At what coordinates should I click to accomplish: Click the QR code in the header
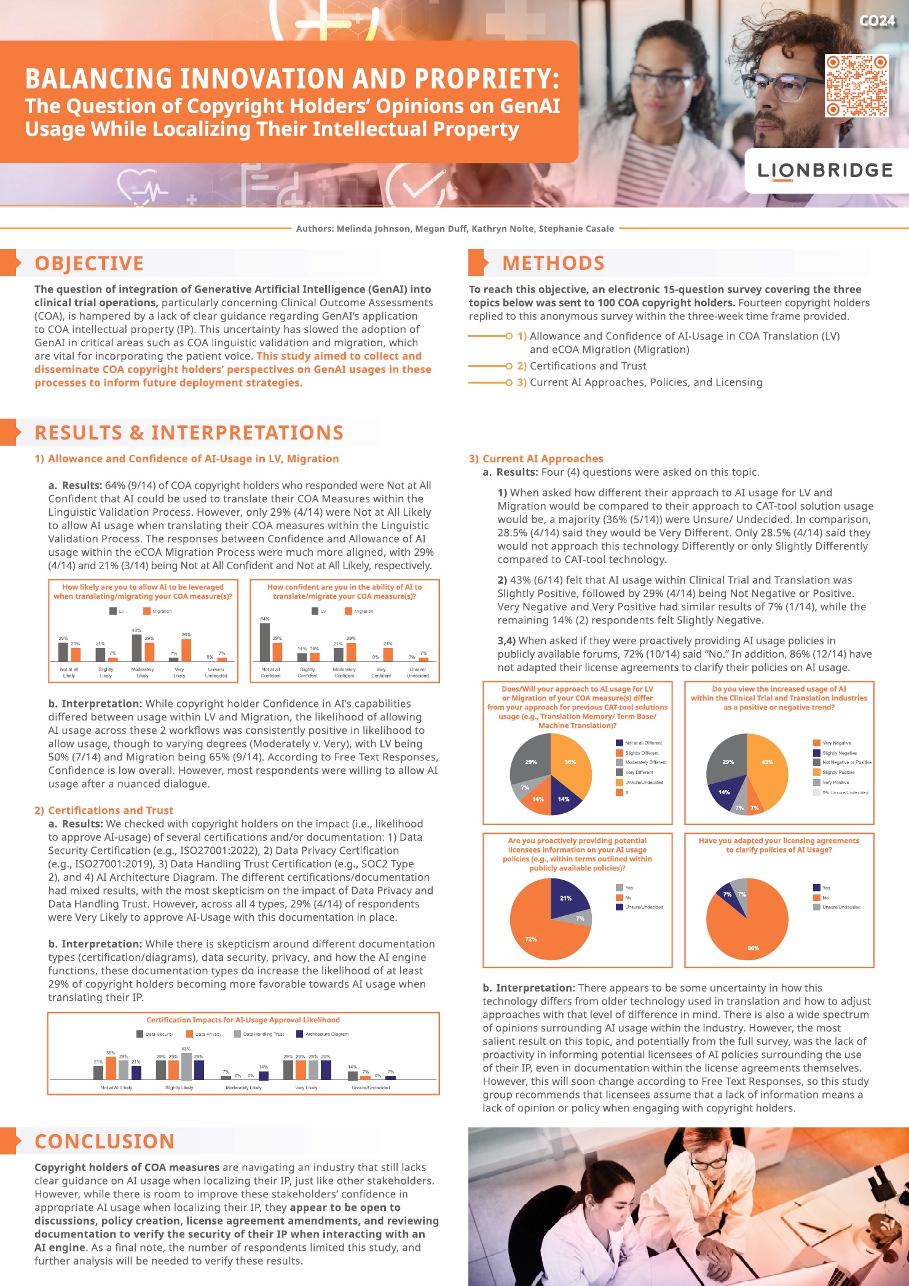[x=856, y=86]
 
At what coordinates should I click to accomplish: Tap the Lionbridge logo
[x=825, y=171]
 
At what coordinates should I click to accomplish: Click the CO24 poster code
[x=877, y=21]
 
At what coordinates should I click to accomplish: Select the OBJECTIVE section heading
[x=89, y=264]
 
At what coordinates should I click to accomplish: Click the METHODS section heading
[x=553, y=263]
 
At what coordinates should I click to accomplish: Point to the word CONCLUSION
[x=104, y=1142]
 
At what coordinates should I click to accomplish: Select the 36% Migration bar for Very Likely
[x=186, y=649]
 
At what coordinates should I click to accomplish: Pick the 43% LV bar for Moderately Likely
[x=136, y=648]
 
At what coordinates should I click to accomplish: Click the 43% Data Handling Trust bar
[x=186, y=1066]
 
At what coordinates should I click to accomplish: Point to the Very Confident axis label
[x=381, y=672]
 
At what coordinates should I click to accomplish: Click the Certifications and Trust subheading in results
[x=104, y=810]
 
